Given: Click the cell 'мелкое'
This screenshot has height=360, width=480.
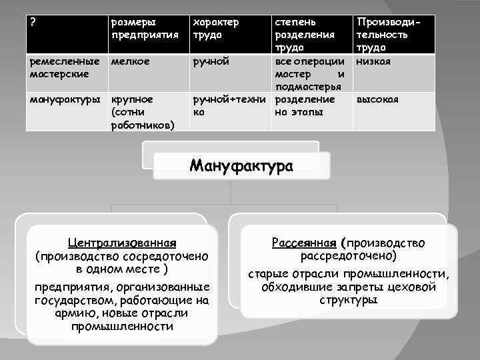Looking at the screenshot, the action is coord(130,62).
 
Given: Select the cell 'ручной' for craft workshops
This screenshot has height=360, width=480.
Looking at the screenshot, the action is coord(209,62).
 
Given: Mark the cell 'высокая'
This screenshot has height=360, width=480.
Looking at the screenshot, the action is coord(377,99).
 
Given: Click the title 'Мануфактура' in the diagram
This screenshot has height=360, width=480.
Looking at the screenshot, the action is coord(241,165).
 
